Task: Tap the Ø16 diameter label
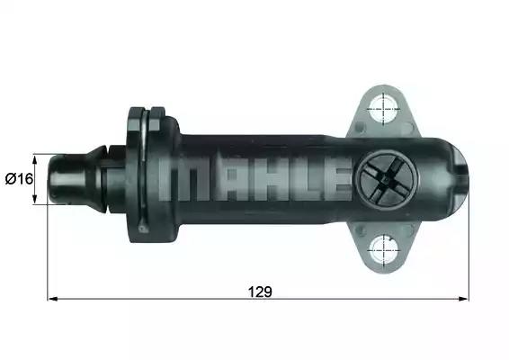pos(19,178)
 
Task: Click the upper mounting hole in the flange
pos(385,109)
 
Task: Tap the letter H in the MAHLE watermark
pos(261,180)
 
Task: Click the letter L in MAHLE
pos(297,180)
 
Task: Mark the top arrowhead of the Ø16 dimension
pos(36,156)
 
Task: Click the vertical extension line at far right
pos(469,252)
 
